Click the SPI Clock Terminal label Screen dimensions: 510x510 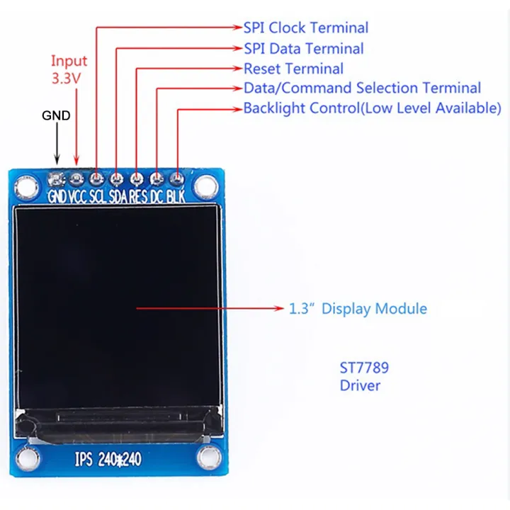pyautogui.click(x=306, y=28)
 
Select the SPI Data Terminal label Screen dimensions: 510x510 pyautogui.click(x=303, y=49)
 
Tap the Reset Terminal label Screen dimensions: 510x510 pyautogui.click(x=293, y=69)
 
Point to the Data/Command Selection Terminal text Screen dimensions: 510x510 pyautogui.click(x=362, y=89)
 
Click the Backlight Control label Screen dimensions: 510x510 pyautogui.click(x=372, y=108)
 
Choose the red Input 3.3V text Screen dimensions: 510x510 pyautogui.click(x=69, y=69)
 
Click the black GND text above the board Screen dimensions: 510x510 pyautogui.click(x=56, y=115)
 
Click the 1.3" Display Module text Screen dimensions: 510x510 pyautogui.click(x=358, y=309)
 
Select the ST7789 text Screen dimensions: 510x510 pyautogui.click(x=364, y=368)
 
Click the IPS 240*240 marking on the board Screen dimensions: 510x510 pyautogui.click(x=108, y=459)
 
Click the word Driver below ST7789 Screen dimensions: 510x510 pyautogui.click(x=360, y=386)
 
